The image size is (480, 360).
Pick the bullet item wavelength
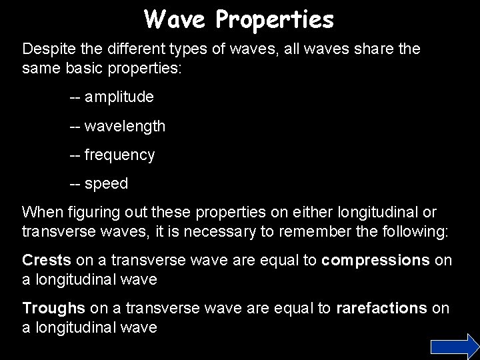127,126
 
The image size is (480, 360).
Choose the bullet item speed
107,184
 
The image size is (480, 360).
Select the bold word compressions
375,259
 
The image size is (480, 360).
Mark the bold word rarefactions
381,308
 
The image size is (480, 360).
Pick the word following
415,231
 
